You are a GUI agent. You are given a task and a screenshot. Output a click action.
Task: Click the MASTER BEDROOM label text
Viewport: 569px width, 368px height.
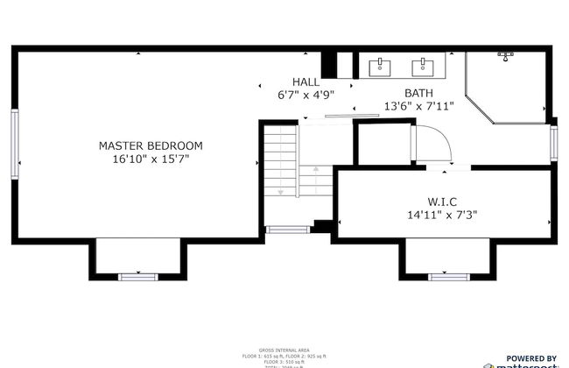click(151, 145)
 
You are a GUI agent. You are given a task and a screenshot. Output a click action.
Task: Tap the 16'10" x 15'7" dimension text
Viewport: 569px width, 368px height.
click(151, 159)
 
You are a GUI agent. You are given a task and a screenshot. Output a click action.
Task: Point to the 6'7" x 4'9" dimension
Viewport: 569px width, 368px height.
click(306, 94)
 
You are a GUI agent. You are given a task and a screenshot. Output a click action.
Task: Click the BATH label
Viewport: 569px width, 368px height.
click(418, 93)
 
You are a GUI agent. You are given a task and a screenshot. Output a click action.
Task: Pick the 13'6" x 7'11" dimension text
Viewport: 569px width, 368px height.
click(418, 106)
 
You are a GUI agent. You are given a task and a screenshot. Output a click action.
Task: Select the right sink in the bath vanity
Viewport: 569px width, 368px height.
click(426, 65)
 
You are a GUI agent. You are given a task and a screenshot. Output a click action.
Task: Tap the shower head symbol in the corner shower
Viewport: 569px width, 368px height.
click(506, 56)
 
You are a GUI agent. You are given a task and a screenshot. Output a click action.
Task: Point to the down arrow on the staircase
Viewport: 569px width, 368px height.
click(280, 191)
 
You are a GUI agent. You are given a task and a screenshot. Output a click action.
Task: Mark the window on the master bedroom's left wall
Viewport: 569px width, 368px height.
click(14, 143)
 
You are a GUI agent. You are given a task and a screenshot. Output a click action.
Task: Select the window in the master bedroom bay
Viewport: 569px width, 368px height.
click(137, 277)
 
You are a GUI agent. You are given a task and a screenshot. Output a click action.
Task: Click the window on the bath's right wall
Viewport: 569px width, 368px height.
click(553, 142)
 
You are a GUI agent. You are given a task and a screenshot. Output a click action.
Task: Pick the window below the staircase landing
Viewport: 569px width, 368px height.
click(287, 230)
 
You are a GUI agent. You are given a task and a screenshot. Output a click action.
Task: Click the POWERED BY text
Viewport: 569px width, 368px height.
click(531, 357)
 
